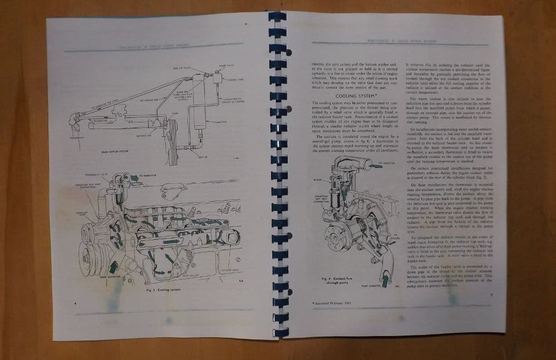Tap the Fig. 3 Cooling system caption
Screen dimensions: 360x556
(162, 290)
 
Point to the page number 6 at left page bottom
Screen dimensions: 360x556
(75, 303)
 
